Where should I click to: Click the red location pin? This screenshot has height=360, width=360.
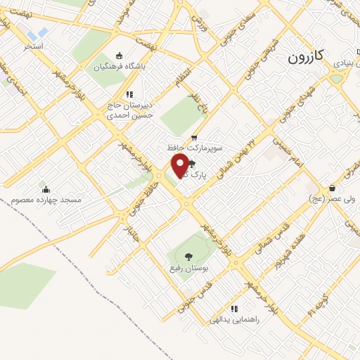click(x=180, y=165)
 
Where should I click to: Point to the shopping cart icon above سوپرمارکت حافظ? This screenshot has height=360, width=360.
click(x=193, y=138)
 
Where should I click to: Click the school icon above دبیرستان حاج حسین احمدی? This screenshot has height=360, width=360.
click(x=129, y=94)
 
